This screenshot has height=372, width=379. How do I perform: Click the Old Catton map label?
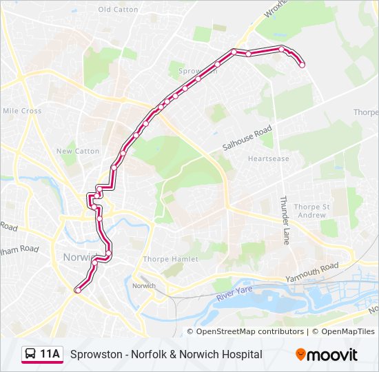click(x=118, y=10)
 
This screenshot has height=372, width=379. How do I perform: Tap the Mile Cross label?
click(x=22, y=111)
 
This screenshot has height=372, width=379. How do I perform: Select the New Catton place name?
click(x=78, y=151)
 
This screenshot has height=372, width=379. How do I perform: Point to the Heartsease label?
click(x=269, y=158)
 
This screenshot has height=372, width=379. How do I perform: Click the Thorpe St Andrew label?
click(x=311, y=211)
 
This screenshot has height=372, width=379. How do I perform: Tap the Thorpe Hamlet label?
click(x=170, y=259)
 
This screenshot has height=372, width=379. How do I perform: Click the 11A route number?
click(x=50, y=354)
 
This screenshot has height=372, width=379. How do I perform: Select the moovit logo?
click(x=327, y=355)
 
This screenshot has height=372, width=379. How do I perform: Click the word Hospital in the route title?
click(x=242, y=354)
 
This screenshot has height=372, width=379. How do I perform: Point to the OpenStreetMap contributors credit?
click(x=251, y=331)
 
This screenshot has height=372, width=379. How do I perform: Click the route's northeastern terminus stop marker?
click(x=302, y=65)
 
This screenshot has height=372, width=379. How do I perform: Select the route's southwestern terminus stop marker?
click(x=77, y=291)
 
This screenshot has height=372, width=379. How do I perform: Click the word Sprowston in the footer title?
click(x=96, y=354)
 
